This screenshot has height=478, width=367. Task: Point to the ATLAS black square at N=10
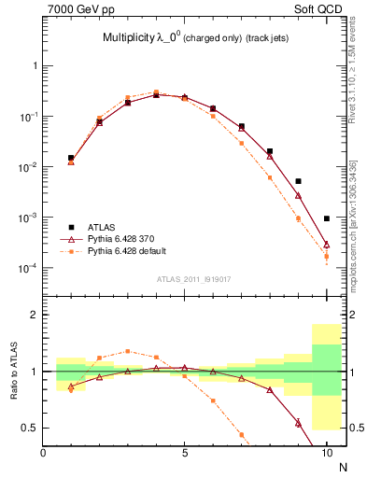[327, 218]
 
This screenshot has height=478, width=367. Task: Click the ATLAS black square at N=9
[298, 181]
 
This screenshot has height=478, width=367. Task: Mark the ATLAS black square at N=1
[71, 158]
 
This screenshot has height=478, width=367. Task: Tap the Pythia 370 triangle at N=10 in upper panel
[327, 245]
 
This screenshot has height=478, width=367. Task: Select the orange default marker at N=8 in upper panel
[270, 177]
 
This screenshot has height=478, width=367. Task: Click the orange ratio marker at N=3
[128, 351]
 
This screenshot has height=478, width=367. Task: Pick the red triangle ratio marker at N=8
[270, 389]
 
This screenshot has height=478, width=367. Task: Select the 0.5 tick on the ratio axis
[31, 428]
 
